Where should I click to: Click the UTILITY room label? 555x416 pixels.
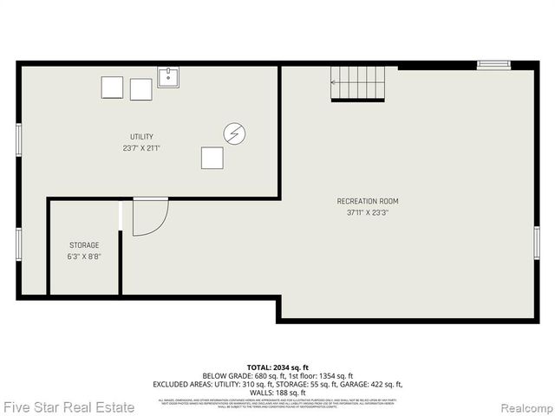[141, 137]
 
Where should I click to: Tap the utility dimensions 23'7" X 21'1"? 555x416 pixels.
[141, 147]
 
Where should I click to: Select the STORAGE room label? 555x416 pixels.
[83, 245]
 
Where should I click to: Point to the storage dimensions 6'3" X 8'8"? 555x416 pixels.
[83, 257]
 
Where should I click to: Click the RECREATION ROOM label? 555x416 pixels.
[368, 201]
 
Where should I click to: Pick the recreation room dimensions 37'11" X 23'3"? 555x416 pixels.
[368, 212]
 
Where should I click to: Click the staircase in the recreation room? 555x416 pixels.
[357, 83]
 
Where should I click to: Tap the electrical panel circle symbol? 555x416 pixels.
[234, 133]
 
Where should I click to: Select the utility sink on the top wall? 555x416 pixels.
[168, 77]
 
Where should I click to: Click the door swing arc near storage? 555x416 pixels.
[150, 217]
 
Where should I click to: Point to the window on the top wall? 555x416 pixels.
[493, 64]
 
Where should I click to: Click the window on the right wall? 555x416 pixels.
[537, 242]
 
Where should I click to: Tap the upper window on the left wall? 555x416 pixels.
[18, 140]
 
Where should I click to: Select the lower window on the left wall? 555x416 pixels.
[18, 244]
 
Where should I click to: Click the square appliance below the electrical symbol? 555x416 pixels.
[212, 158]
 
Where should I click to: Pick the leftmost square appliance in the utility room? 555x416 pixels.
[112, 88]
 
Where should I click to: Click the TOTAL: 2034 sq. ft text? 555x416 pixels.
[277, 368]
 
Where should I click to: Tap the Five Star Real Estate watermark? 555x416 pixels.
[69, 406]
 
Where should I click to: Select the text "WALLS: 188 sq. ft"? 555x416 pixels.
[277, 393]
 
